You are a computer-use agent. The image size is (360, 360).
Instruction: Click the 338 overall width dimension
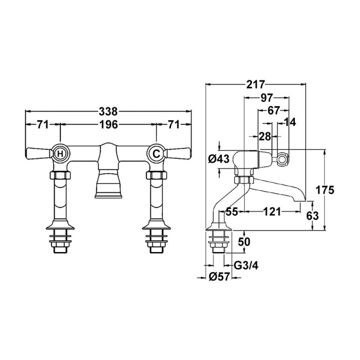coord(108,112)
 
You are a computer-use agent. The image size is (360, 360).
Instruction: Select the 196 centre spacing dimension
coord(108,125)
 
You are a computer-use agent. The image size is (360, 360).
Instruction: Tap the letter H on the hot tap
coord(60,153)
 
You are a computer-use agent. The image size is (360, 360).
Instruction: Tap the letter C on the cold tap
coord(156,153)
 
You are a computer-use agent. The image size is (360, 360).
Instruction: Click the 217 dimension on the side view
coord(256,84)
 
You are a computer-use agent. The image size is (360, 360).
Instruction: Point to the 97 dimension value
coord(266,98)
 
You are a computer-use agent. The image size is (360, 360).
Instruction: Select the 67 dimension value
coord(273,111)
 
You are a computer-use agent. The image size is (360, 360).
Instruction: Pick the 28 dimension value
coord(265,137)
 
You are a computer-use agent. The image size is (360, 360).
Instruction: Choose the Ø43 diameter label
coord(219,159)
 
